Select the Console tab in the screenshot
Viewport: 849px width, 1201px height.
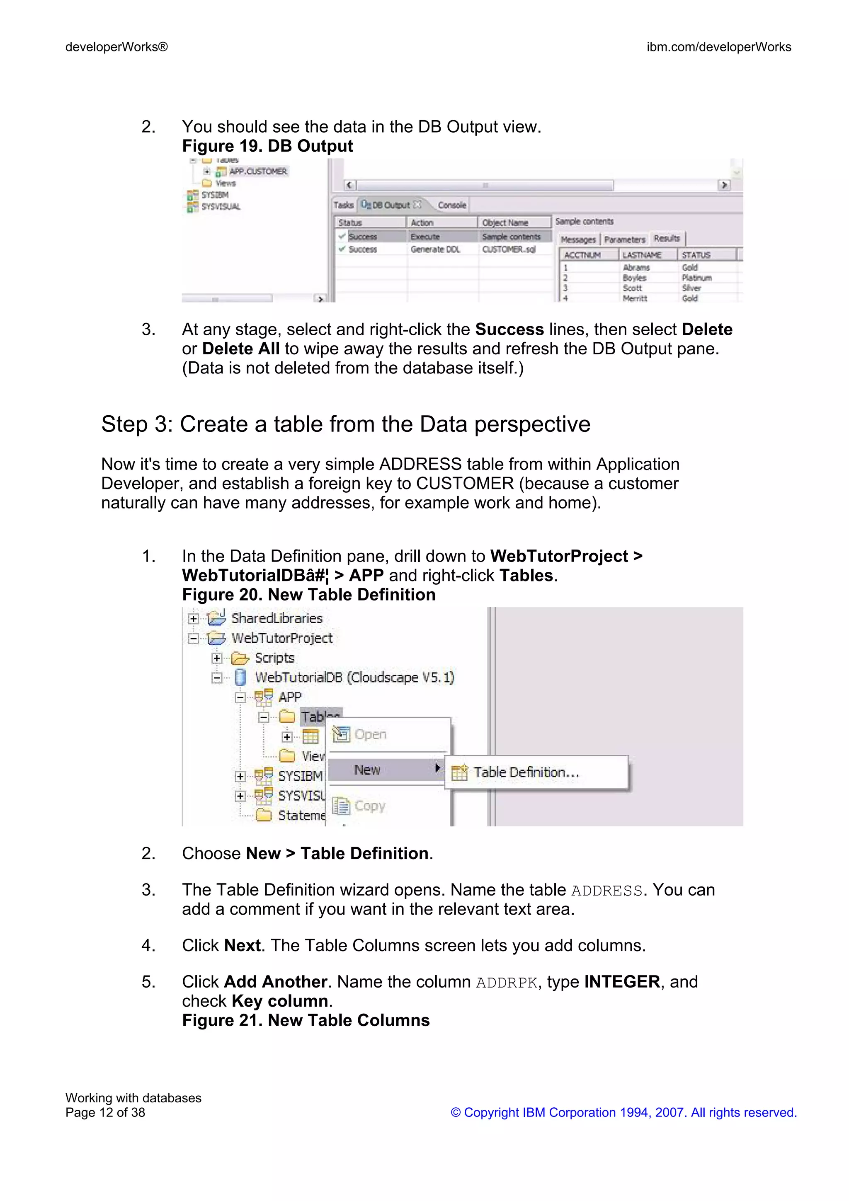pos(451,205)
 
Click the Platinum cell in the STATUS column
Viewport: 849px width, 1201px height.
pos(696,278)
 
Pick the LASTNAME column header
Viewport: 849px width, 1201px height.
pos(642,255)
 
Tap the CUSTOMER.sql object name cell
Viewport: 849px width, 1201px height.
pos(509,249)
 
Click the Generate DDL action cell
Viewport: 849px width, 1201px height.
pos(435,249)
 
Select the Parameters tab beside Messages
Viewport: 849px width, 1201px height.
pos(625,240)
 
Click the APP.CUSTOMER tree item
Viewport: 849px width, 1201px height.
pos(257,172)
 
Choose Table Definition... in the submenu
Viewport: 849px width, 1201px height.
pos(526,772)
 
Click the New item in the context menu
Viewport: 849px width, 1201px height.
pos(367,770)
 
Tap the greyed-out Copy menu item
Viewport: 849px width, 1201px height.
pos(369,806)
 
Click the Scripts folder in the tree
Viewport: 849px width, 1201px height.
pos(274,658)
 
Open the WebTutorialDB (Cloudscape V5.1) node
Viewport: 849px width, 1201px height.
pos(354,678)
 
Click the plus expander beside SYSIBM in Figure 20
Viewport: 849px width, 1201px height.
pos(240,776)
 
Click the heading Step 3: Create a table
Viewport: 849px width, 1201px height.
pos(345,424)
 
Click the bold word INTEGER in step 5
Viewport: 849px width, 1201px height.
pos(621,982)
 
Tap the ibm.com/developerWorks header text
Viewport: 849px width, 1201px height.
pos(718,47)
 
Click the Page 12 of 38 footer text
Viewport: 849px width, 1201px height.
pos(105,1113)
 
